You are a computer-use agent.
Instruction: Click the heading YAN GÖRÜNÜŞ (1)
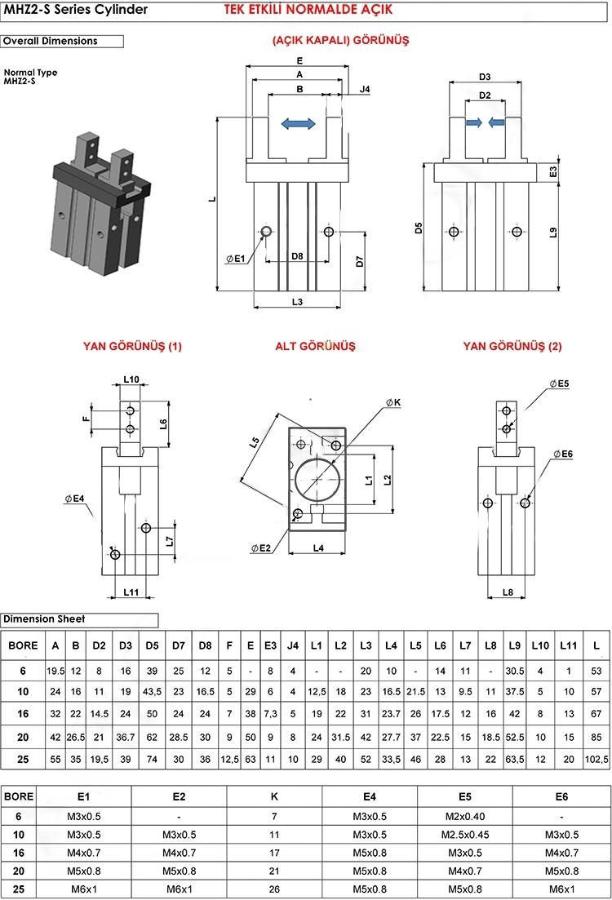click(x=132, y=346)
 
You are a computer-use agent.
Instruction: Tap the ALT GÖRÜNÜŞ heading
click(x=315, y=346)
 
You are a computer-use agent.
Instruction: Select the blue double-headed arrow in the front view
click(x=298, y=123)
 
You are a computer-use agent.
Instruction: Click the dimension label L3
click(x=297, y=302)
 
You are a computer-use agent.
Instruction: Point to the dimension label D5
click(x=419, y=227)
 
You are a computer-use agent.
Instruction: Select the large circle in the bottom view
click(x=317, y=480)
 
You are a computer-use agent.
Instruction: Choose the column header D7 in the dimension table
click(x=179, y=645)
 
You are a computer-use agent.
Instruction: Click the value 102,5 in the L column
click(x=596, y=758)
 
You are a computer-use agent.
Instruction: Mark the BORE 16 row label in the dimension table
click(x=23, y=714)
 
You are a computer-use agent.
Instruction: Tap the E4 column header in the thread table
click(x=370, y=796)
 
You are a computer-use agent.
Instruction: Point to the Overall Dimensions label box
click(x=62, y=41)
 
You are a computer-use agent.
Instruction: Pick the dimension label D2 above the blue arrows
click(x=485, y=95)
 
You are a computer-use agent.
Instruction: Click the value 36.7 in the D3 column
click(x=126, y=737)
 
